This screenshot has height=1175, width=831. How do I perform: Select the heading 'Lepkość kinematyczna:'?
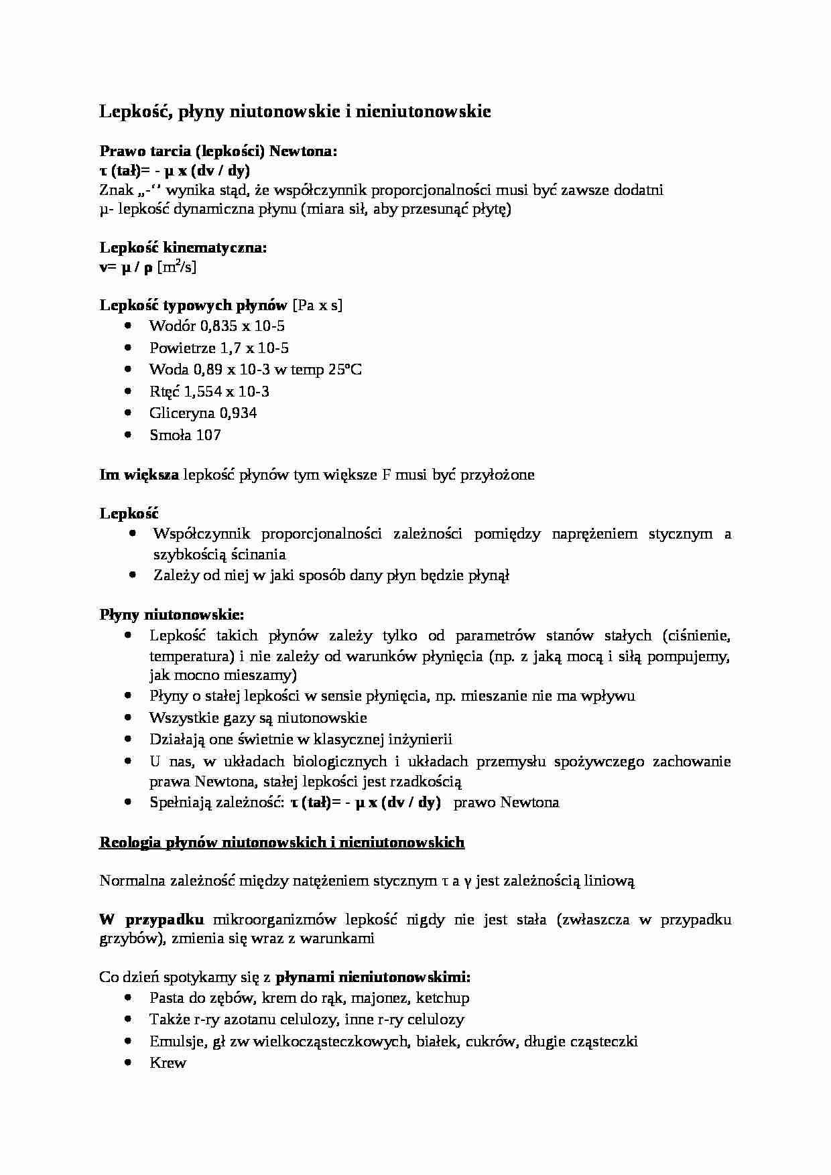tap(183, 248)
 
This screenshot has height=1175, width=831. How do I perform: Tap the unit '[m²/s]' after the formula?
tap(176, 267)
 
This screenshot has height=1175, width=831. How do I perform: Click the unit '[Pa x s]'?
tap(317, 305)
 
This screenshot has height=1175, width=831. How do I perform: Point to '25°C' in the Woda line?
tap(345, 370)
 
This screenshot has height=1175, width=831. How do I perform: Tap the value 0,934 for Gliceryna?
tap(238, 413)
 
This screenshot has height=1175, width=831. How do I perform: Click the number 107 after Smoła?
tap(208, 435)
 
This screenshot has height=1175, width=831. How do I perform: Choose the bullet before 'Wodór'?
tap(129, 326)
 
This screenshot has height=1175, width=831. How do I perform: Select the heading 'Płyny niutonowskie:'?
tap(172, 614)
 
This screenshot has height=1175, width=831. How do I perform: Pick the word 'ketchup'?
tap(442, 998)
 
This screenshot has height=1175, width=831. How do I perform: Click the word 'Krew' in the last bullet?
tap(168, 1063)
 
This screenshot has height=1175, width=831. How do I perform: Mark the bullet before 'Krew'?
tap(129, 1062)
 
